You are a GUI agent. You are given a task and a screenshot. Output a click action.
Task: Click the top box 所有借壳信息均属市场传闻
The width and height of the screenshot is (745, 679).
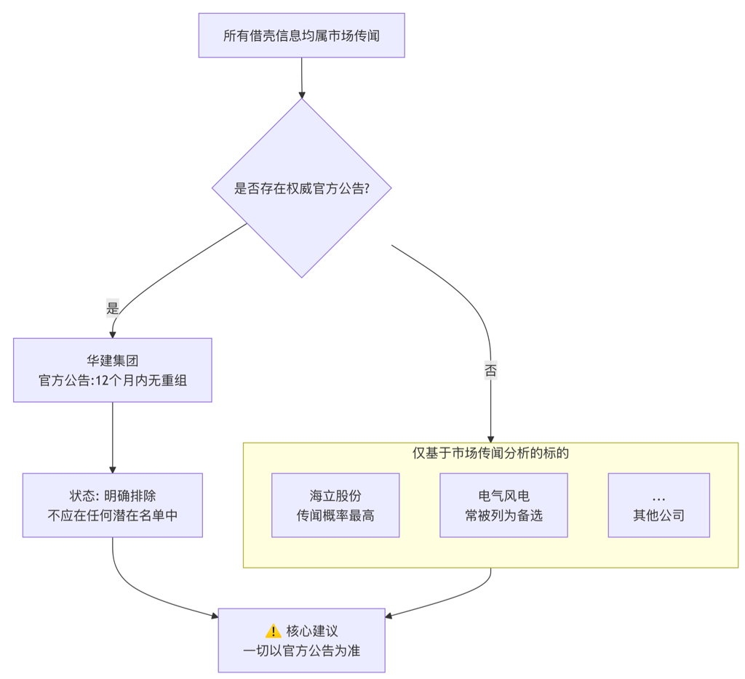tap(301, 36)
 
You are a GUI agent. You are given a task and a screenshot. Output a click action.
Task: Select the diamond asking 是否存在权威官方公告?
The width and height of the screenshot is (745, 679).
tap(301, 188)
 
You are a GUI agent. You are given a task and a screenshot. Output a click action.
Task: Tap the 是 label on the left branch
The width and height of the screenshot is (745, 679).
tap(112, 308)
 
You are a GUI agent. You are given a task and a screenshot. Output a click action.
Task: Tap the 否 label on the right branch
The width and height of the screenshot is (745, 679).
tap(490, 371)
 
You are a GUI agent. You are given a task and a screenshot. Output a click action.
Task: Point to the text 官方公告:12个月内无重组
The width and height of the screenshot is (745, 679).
tap(112, 379)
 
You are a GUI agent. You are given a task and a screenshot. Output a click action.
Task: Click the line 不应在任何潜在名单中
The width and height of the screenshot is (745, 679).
tap(112, 515)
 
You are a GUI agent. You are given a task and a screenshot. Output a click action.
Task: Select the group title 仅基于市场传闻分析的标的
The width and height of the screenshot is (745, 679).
tap(490, 453)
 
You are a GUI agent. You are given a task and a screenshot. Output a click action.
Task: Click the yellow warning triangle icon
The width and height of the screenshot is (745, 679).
tap(273, 631)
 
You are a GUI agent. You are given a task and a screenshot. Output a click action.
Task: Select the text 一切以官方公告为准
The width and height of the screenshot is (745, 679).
tap(301, 651)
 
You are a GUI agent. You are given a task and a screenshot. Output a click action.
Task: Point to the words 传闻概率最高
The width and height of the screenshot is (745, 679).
tap(335, 515)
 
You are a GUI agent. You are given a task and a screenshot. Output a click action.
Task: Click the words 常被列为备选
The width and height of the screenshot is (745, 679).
tap(503, 515)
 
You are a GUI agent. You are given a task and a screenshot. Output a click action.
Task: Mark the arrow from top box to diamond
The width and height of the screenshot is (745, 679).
tap(301, 77)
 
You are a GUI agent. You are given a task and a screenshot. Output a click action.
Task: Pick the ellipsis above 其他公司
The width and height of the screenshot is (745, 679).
tap(658, 497)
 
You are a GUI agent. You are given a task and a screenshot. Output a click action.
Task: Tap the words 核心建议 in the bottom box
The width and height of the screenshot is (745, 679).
tap(312, 631)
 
